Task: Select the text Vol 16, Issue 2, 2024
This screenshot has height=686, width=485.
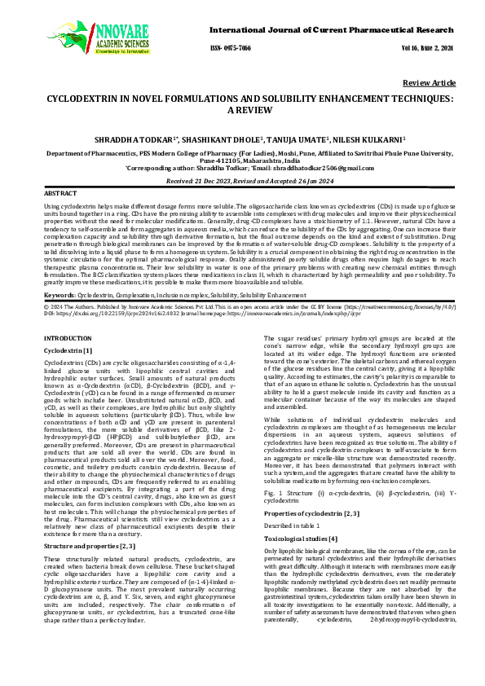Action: (433, 49)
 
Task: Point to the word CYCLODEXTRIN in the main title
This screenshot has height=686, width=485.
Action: (79, 98)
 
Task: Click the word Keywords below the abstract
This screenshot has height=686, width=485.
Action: (60, 292)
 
